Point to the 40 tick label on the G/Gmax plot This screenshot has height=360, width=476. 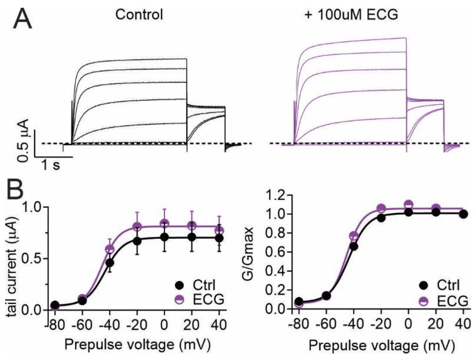[463, 322]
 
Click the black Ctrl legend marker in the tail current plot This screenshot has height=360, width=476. [181, 285]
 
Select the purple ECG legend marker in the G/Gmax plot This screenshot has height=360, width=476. [424, 300]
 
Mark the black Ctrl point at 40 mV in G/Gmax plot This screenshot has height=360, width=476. [463, 214]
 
